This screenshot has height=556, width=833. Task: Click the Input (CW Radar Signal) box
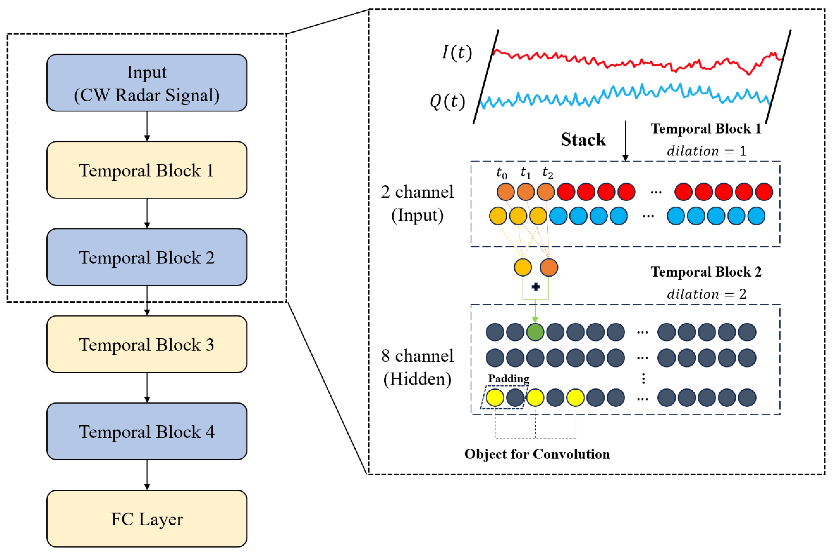[x=147, y=83]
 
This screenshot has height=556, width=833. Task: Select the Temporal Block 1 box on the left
[x=147, y=170]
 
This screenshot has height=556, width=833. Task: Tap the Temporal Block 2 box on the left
[x=147, y=257]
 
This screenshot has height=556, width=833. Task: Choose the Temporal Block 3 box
[x=147, y=344]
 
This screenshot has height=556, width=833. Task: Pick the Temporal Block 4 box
[x=147, y=432]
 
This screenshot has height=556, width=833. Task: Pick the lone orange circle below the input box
[x=549, y=267]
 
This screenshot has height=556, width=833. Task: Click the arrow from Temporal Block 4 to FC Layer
[x=147, y=475]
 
